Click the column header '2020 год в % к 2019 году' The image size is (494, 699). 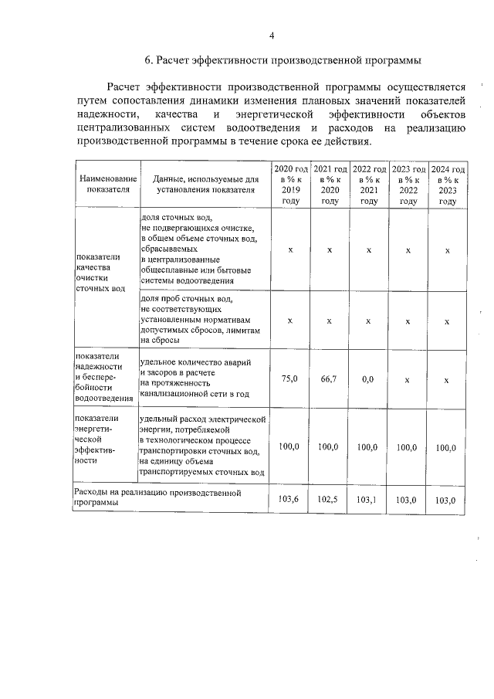(290, 185)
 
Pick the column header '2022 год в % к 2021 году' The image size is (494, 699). (369, 185)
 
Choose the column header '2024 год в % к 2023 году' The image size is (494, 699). (448, 185)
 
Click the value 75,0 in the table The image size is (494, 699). (290, 379)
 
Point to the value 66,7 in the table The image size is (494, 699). (330, 379)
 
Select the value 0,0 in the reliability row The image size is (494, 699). (368, 379)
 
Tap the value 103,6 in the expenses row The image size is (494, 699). (289, 500)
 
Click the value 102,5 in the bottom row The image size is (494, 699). (329, 500)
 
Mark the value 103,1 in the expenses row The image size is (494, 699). (368, 500)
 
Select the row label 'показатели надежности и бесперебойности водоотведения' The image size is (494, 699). (104, 377)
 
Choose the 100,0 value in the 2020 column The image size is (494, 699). (290, 446)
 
